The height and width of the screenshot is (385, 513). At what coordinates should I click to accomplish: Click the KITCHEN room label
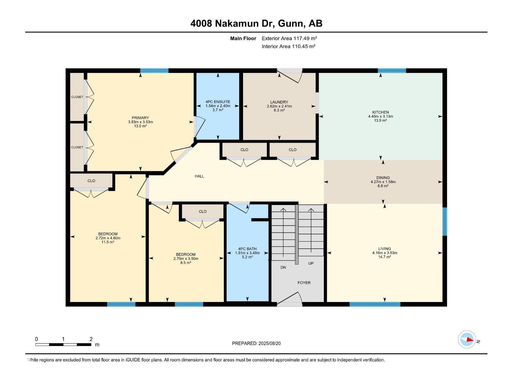381,112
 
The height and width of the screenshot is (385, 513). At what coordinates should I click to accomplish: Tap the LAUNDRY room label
279,102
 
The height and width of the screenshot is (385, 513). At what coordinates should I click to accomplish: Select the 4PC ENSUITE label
218,102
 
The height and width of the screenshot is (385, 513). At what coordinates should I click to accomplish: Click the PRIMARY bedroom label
140,118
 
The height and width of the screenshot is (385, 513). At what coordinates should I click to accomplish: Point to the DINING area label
383,177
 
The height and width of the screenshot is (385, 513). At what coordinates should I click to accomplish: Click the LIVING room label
384,249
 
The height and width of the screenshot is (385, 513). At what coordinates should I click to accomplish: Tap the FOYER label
304,283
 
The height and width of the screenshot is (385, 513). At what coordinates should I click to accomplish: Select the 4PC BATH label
247,249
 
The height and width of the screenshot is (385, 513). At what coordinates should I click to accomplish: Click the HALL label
199,176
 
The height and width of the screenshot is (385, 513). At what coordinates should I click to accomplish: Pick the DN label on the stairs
283,267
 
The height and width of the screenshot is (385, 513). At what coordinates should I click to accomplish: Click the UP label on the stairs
311,263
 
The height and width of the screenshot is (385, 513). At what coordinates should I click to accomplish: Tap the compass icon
467,339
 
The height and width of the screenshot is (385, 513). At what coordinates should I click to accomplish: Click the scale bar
63,345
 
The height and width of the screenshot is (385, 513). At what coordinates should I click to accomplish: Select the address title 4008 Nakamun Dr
256,23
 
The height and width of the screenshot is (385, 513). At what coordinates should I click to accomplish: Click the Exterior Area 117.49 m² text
289,38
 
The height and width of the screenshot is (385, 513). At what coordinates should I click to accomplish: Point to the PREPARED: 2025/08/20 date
256,343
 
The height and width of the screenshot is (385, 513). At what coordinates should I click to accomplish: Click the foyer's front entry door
290,300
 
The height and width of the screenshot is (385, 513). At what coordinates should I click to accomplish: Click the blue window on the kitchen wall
392,71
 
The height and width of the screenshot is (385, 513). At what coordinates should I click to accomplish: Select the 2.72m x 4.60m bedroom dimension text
108,238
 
